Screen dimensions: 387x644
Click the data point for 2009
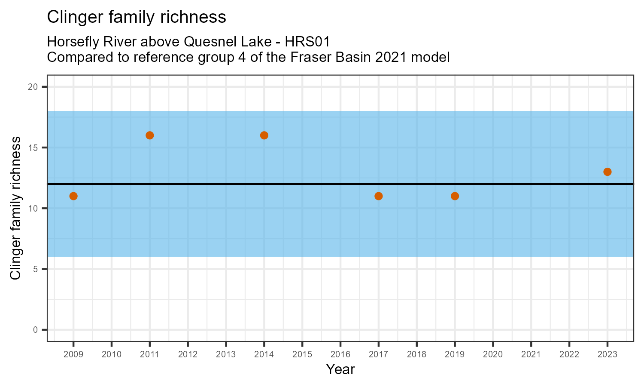pos(73,196)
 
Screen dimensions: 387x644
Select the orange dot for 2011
pos(150,135)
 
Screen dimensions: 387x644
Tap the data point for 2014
pos(264,135)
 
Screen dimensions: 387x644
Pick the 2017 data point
pos(378,196)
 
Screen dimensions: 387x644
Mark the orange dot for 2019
pos(455,196)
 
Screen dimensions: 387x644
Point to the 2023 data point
pos(607,172)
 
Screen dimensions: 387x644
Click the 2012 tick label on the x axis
pos(188,355)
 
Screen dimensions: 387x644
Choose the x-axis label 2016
pos(340,355)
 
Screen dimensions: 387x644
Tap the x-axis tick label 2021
pos(531,355)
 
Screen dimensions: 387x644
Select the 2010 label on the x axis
pos(112,355)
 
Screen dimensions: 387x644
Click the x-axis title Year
pos(340,369)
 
